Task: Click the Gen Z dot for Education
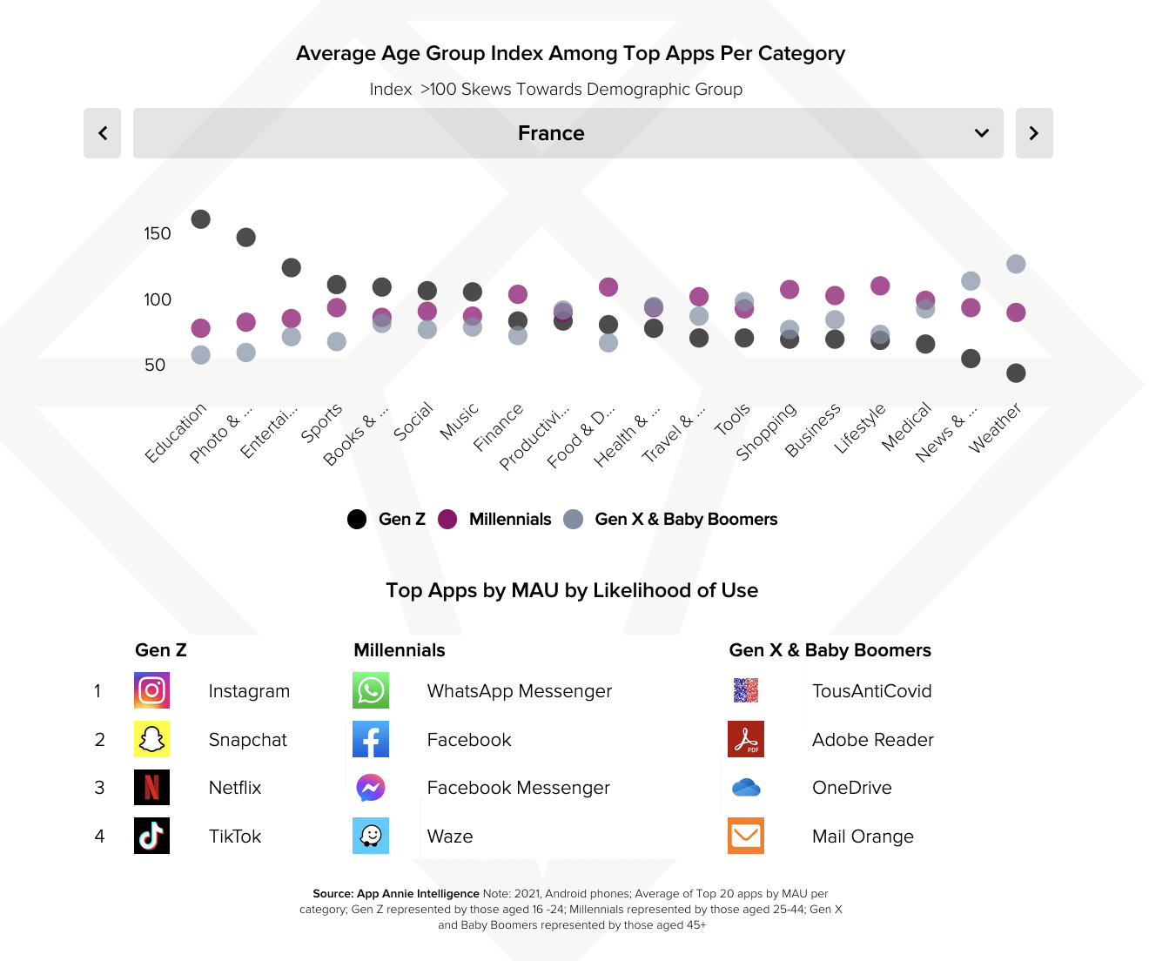coord(201,219)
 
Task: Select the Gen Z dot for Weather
coord(1016,373)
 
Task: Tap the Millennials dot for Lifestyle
coord(880,286)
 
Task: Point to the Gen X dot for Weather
coord(1016,264)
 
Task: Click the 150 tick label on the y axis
coord(158,233)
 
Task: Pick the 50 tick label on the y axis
coord(155,365)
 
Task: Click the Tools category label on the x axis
coord(732,420)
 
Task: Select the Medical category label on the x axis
coord(906,427)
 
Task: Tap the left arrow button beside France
coord(103,133)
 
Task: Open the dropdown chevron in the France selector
coord(982,133)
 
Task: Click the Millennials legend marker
coord(447,520)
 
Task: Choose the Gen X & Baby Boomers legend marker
coord(573,520)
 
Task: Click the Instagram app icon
coord(152,691)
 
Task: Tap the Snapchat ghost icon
coord(152,739)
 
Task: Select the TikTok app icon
coord(152,836)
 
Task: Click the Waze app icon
coord(371,836)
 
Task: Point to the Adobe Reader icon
coord(746,739)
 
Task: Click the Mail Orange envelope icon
coord(746,836)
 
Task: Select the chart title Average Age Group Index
coord(570,54)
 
